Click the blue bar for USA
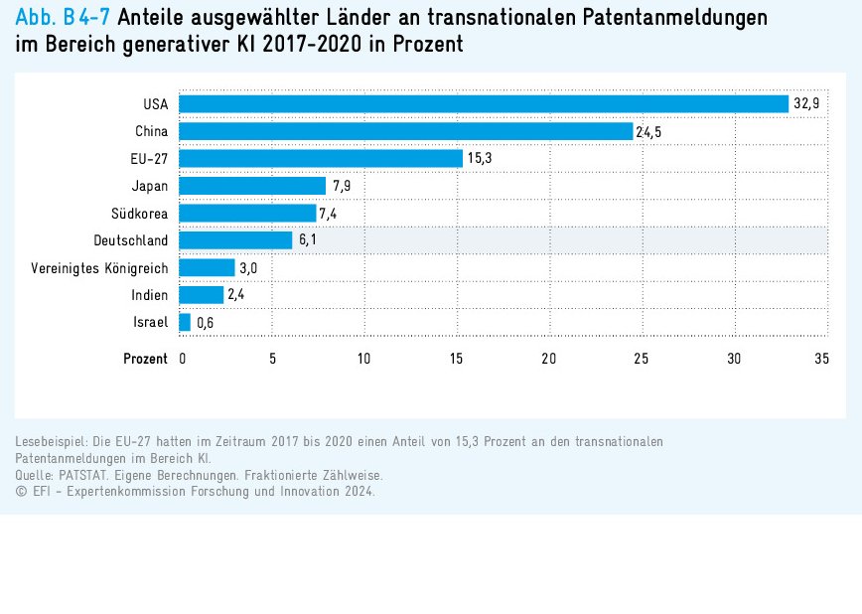pyautogui.click(x=483, y=103)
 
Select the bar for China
pyautogui.click(x=405, y=131)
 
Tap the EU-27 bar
pyautogui.click(x=321, y=158)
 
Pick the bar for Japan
pyautogui.click(x=252, y=186)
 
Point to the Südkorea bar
pyautogui.click(x=247, y=213)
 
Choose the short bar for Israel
pyautogui.click(x=185, y=322)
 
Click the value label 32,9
pyautogui.click(x=804, y=103)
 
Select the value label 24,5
pyautogui.click(x=648, y=131)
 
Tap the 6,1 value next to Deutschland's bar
pyautogui.click(x=307, y=240)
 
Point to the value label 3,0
pyautogui.click(x=248, y=267)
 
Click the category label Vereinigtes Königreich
pyautogui.click(x=99, y=267)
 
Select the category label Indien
pyautogui.click(x=149, y=295)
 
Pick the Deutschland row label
pyautogui.click(x=130, y=240)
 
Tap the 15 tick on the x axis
pyautogui.click(x=457, y=359)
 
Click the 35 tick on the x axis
pyautogui.click(x=821, y=359)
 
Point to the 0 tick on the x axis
pyautogui.click(x=183, y=359)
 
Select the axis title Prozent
pyautogui.click(x=145, y=359)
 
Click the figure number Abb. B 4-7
pyautogui.click(x=63, y=17)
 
